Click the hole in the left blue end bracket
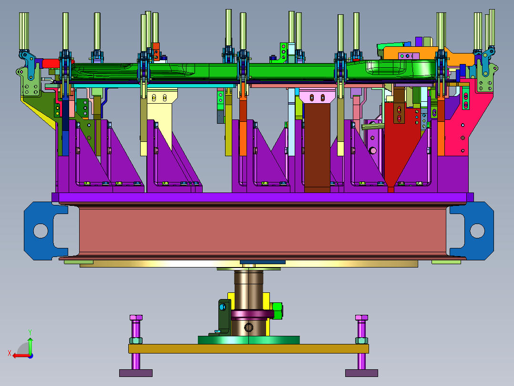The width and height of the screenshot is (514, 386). coord(41,231)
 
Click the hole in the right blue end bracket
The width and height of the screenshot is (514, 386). coord(477,231)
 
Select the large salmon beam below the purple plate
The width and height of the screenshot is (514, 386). coord(262,230)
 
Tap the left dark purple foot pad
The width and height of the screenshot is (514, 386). coord(136,373)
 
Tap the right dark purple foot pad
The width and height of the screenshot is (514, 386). coord(361,373)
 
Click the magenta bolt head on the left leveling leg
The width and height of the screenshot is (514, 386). coord(136,318)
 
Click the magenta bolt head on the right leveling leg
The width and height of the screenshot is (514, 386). coord(361,318)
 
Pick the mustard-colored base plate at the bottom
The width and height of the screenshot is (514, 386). coord(248,349)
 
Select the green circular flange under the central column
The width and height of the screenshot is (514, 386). coord(248,340)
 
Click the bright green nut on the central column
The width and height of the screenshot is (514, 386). coord(278,311)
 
